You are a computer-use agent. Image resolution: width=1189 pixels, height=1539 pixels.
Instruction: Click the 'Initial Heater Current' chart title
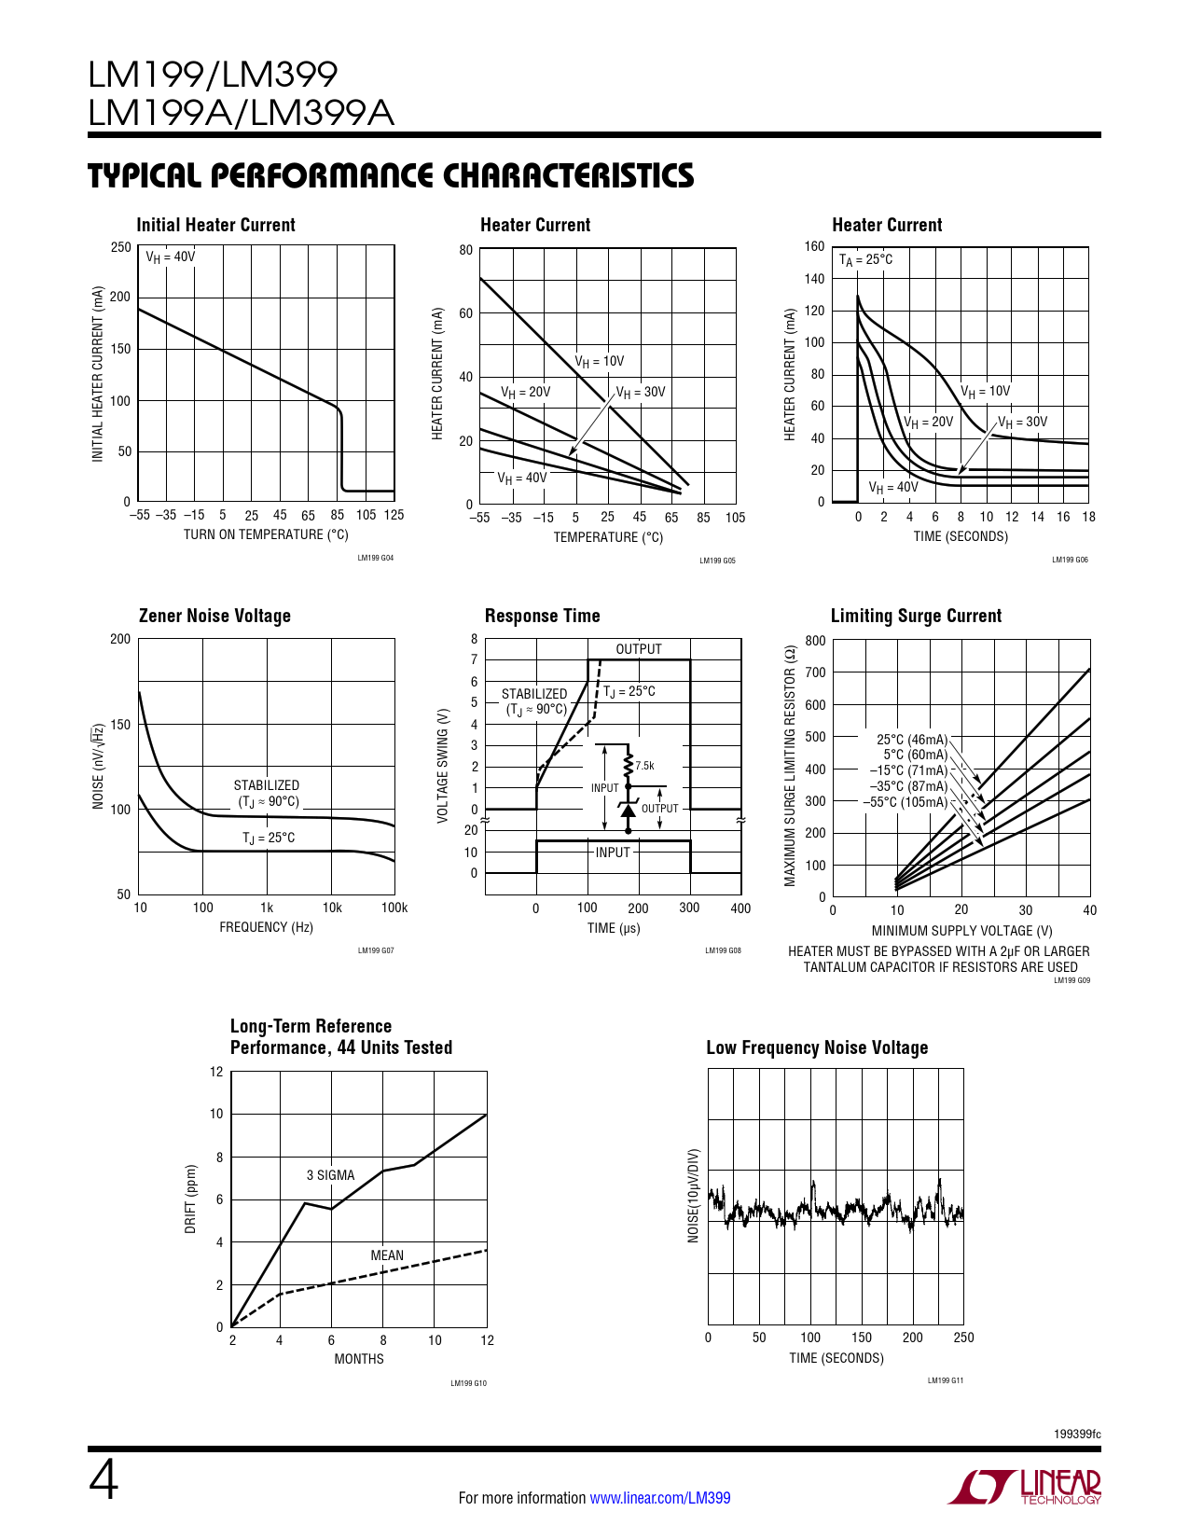215,225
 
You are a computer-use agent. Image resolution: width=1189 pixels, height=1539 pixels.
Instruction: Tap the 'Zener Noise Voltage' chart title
214,616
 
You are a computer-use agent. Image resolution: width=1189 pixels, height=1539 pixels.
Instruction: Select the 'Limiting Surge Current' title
916,616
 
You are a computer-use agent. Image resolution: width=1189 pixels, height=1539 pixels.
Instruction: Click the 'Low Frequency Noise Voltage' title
817,1047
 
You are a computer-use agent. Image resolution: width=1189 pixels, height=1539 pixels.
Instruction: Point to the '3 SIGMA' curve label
330,1175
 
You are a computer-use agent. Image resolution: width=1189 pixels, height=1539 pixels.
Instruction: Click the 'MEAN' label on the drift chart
387,1255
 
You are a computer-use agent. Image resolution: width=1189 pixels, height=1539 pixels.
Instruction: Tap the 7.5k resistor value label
644,766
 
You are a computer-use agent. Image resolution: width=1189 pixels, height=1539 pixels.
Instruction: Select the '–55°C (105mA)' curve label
905,802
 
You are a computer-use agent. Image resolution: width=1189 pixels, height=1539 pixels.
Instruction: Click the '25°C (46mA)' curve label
911,740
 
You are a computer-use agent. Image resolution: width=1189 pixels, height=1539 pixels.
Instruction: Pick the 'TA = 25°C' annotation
865,260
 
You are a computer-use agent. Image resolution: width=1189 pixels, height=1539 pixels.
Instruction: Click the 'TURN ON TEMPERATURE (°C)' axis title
266,534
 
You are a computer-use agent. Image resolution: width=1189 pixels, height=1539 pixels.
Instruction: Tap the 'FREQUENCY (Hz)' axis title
266,927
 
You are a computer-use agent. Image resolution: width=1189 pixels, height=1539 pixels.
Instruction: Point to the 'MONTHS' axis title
359,1359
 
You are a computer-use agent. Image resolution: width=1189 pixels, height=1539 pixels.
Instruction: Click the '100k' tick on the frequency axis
394,908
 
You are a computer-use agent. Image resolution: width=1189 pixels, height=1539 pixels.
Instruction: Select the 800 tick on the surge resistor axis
815,641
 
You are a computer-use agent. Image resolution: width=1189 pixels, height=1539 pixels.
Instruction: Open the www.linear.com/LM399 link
660,1498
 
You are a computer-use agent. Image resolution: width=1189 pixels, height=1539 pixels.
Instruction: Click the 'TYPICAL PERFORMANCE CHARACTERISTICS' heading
391,176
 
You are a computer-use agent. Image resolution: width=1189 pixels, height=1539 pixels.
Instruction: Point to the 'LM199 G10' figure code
468,1383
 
